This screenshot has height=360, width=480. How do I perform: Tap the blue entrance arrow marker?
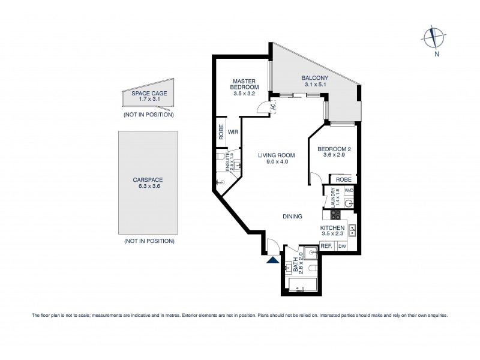[273, 259]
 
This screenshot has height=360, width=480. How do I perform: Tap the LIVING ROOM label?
[277, 155]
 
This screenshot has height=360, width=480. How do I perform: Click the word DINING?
[292, 217]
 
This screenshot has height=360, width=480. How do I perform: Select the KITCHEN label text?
[332, 229]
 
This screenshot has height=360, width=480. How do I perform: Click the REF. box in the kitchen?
[326, 247]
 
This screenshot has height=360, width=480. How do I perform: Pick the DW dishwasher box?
[342, 247]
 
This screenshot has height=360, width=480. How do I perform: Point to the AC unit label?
[272, 107]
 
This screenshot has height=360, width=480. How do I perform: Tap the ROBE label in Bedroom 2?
[343, 179]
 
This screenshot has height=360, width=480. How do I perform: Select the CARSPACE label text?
[148, 179]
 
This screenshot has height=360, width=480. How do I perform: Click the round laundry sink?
[349, 203]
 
